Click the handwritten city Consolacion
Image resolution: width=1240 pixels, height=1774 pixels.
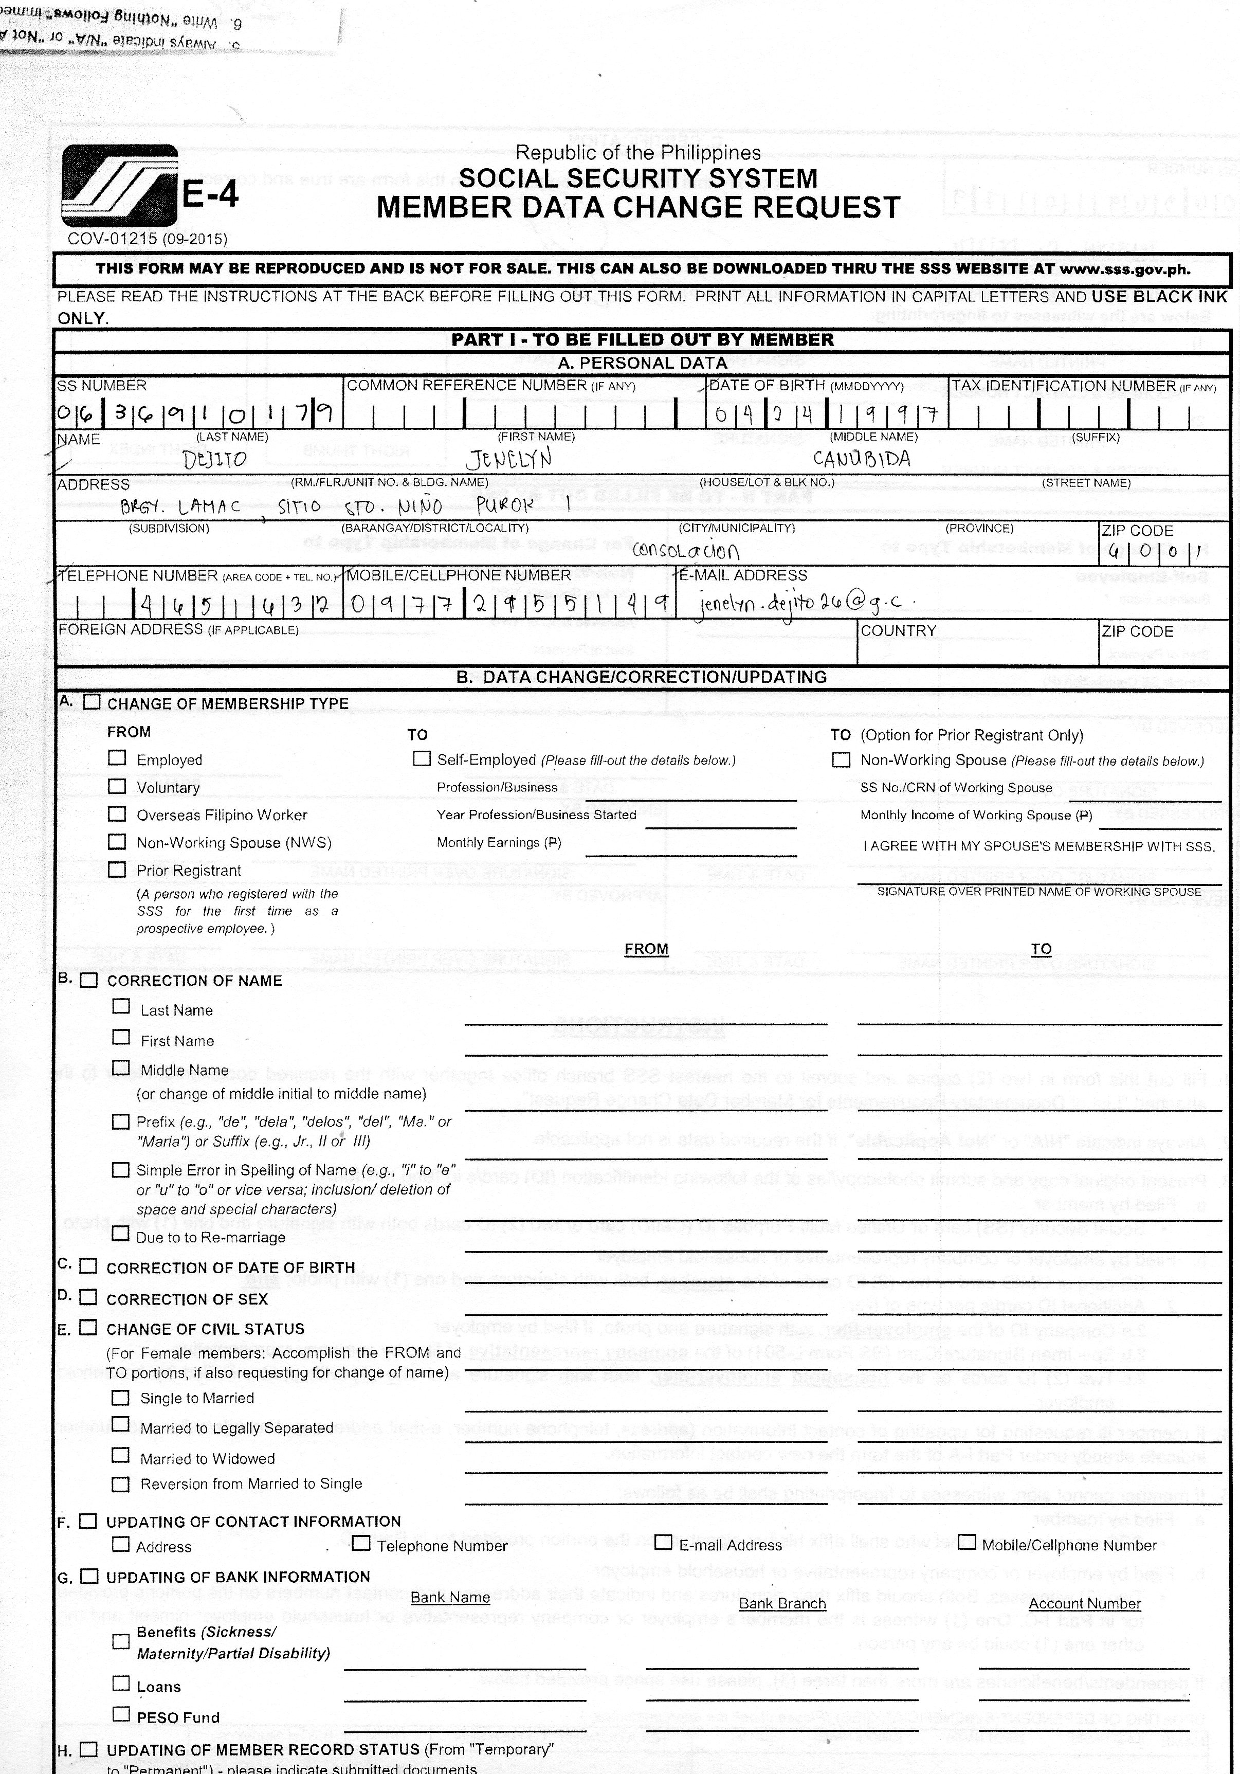coord(685,550)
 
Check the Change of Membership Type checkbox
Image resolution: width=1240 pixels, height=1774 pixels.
coord(93,701)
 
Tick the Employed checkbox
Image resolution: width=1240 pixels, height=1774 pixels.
coord(117,758)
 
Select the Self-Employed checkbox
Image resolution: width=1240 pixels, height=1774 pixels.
coord(422,759)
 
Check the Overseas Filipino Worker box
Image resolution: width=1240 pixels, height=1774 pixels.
coord(117,813)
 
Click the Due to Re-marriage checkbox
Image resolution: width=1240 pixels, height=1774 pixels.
coord(120,1234)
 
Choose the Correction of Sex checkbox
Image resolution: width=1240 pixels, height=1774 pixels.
coord(89,1297)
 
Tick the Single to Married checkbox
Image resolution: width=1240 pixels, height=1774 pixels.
coord(120,1397)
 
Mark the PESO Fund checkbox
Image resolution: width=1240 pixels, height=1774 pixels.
coord(121,1714)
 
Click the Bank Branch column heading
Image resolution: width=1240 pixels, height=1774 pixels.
coord(782,1603)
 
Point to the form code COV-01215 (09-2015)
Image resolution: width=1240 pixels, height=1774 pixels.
coord(148,239)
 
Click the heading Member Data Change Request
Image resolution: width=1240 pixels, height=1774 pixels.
coord(638,208)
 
